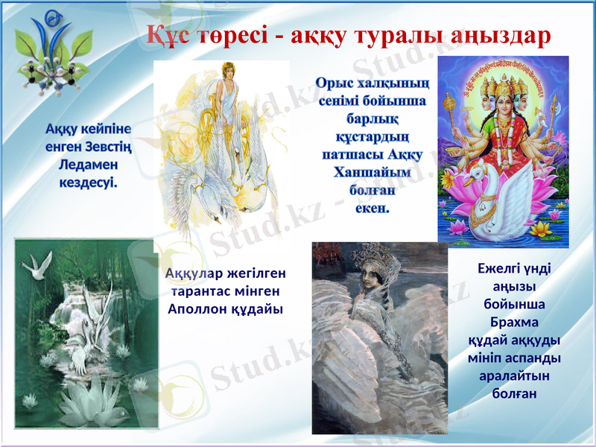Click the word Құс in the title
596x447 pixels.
pyautogui.click(x=166, y=34)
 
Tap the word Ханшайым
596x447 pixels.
pyautogui.click(x=372, y=173)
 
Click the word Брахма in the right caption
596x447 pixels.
pyautogui.click(x=514, y=323)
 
